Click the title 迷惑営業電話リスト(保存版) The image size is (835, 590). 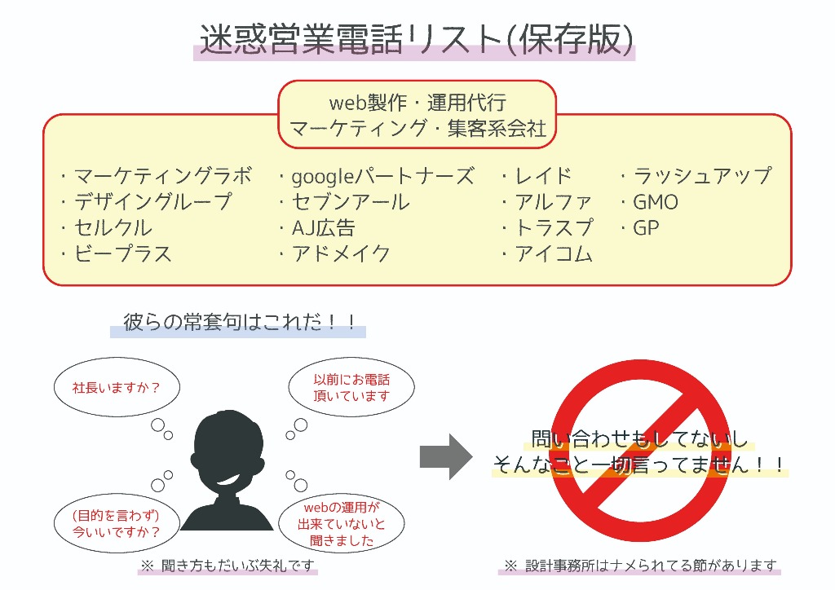pos(417,39)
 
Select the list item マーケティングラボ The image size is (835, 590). pos(162,176)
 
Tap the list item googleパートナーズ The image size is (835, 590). pos(382,177)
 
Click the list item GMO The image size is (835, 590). pos(655,202)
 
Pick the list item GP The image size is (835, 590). pos(646,227)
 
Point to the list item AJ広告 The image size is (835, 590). pos(323,228)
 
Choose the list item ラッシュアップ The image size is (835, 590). pos(702,176)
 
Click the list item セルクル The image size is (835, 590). pos(113,227)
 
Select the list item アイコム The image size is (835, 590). pos(554,253)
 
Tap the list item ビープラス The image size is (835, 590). pos(122,253)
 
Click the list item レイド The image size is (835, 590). pos(543,176)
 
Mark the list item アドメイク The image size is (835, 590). pos(341,253)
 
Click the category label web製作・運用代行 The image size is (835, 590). pos(417,102)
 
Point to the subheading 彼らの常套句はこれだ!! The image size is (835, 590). pos(239,322)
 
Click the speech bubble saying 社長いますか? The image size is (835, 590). pos(117,387)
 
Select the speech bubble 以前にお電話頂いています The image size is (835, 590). pos(351,387)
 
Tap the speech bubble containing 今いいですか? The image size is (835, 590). pos(117,523)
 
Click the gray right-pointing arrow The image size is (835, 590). pos(446,456)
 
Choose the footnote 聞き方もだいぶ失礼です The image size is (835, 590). pos(237,565)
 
